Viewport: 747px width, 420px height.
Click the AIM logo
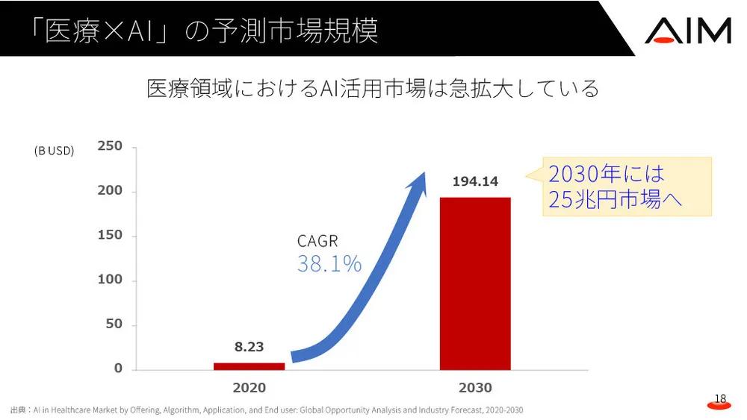(x=687, y=30)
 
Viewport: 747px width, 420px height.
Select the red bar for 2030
(x=475, y=283)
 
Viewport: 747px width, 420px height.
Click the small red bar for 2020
(x=249, y=366)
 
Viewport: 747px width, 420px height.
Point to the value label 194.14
(x=475, y=181)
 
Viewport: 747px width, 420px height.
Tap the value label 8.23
(x=249, y=347)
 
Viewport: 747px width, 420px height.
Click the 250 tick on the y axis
(x=110, y=146)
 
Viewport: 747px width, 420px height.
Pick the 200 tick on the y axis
(x=110, y=191)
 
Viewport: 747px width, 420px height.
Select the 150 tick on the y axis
(x=110, y=236)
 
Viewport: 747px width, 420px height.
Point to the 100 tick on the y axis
(x=110, y=280)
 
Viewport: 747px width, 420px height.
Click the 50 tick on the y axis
(x=113, y=325)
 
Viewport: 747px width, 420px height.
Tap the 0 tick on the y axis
(x=118, y=369)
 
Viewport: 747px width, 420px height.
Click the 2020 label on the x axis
(x=249, y=388)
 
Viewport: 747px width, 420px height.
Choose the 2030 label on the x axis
(x=475, y=388)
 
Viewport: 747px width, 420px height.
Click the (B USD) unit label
(x=54, y=151)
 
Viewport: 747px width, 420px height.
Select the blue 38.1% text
(x=329, y=263)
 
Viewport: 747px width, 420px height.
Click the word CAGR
(x=317, y=241)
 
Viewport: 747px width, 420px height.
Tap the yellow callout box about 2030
(x=626, y=187)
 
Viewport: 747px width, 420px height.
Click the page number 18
(x=720, y=400)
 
